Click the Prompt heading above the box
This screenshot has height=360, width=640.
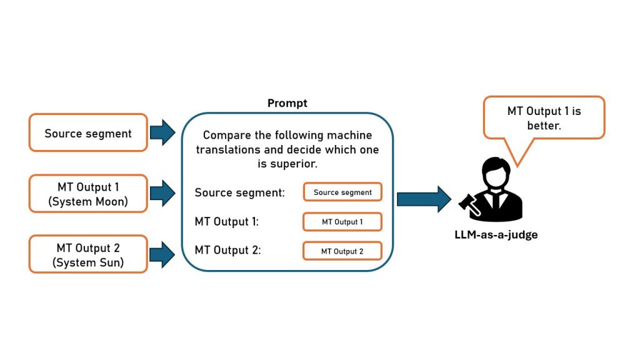click(x=287, y=103)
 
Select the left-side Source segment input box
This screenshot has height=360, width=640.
click(x=88, y=133)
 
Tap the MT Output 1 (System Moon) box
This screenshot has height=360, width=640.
click(x=88, y=193)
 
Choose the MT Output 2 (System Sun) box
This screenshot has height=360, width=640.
click(x=88, y=254)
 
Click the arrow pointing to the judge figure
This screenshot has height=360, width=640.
click(x=423, y=199)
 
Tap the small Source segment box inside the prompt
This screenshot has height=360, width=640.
click(x=342, y=192)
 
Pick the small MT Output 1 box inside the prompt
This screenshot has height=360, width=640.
click(x=342, y=222)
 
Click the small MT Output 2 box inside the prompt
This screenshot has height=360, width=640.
click(x=342, y=251)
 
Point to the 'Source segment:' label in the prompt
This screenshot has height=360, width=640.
click(x=239, y=192)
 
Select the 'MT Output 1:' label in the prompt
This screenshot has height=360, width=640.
click(x=226, y=222)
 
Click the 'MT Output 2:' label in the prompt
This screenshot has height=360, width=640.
click(x=227, y=251)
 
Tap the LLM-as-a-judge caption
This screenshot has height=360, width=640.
click(x=496, y=235)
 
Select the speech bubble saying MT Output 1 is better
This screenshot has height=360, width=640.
click(x=544, y=117)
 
